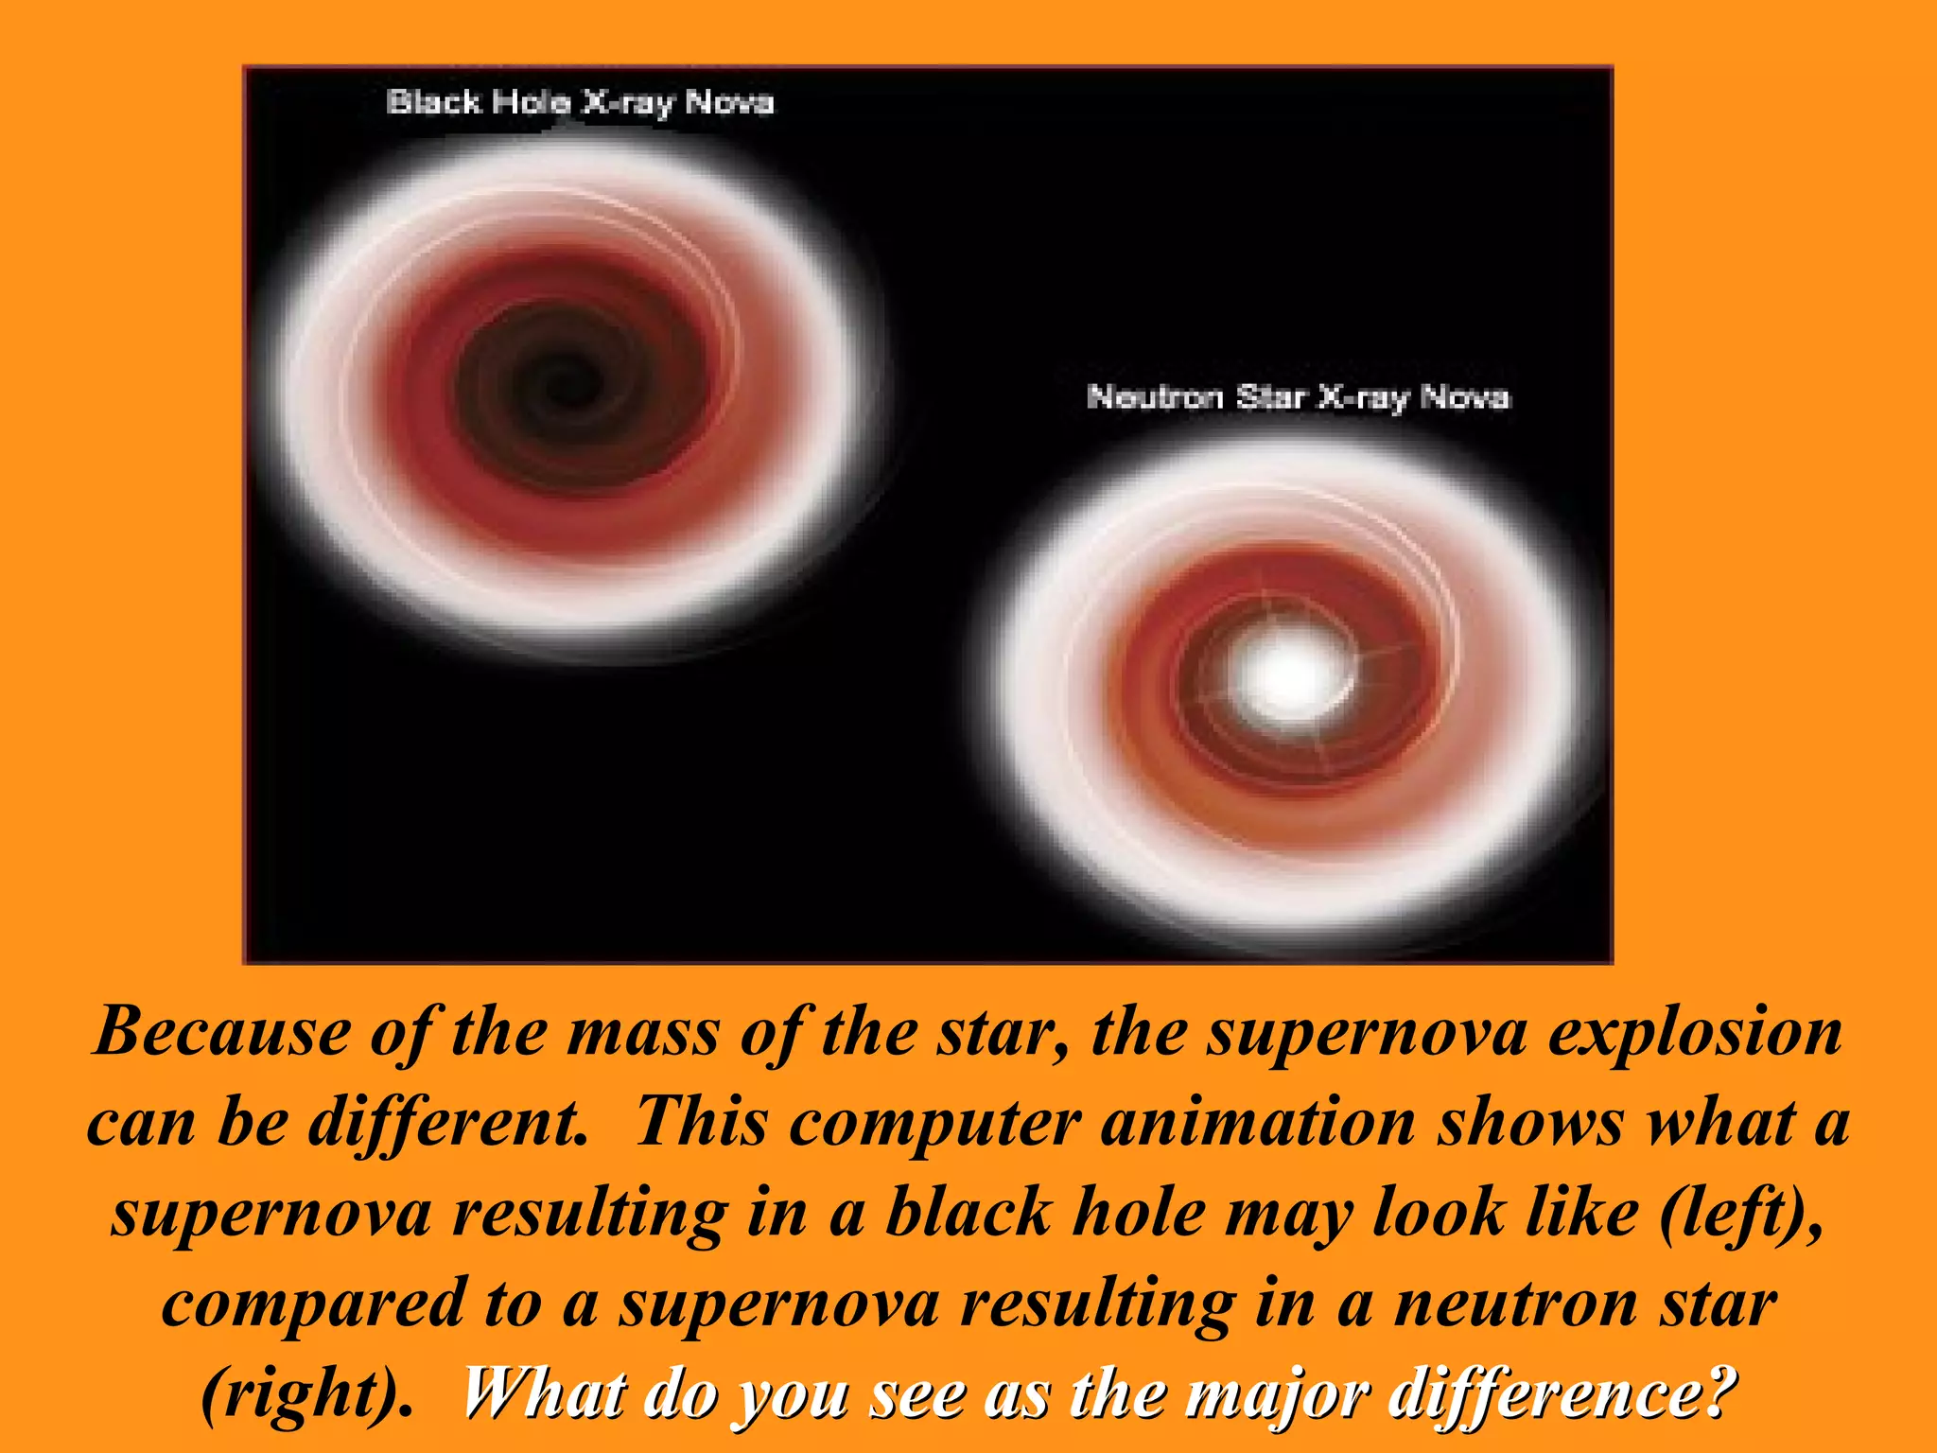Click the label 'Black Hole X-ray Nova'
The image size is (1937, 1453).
pyautogui.click(x=580, y=102)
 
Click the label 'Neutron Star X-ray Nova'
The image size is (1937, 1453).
pyautogui.click(x=1298, y=397)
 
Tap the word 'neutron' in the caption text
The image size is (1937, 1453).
pyautogui.click(x=1516, y=1304)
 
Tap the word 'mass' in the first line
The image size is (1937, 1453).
pyautogui.click(x=642, y=1032)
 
